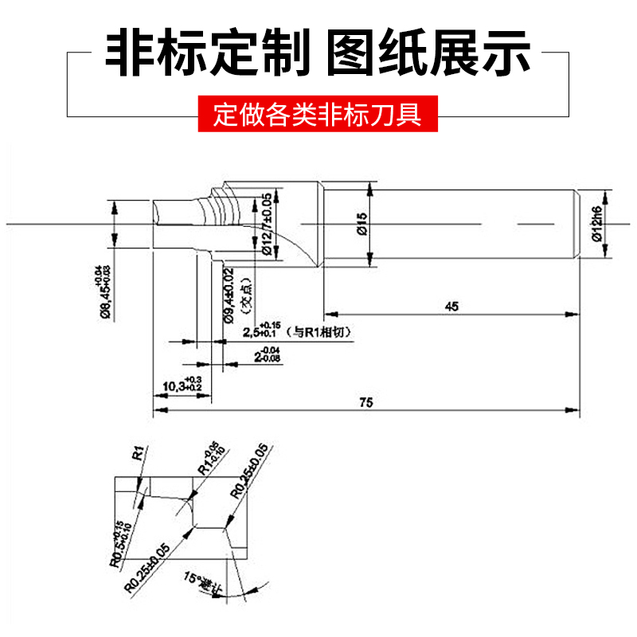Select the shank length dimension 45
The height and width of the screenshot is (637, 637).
452,306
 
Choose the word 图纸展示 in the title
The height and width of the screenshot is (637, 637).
430,51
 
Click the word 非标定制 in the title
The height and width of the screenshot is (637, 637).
209,51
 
